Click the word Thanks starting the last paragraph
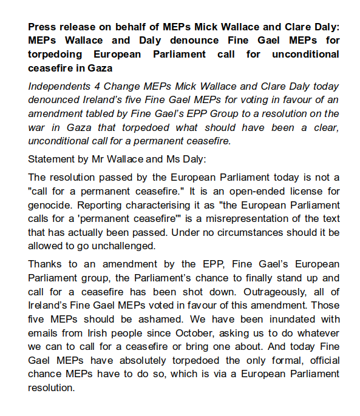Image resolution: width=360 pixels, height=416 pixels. pos(45,265)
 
